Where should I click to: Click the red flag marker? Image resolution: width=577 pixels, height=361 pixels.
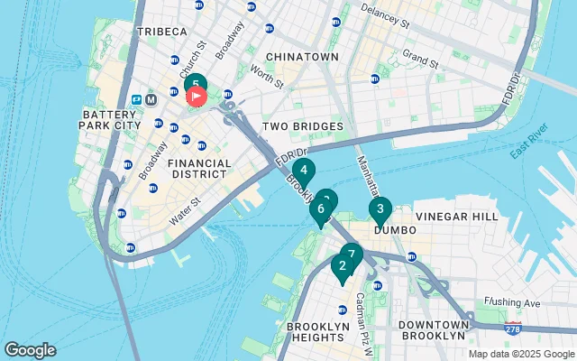(x=196, y=94)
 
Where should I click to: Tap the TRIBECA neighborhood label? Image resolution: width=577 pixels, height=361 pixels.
(x=161, y=32)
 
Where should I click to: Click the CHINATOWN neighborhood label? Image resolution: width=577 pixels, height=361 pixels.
(x=302, y=57)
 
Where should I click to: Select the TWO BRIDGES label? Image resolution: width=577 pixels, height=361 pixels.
(x=303, y=126)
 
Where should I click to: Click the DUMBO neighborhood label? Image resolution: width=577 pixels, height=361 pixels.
(x=396, y=231)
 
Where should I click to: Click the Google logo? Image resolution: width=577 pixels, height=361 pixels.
(x=30, y=350)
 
